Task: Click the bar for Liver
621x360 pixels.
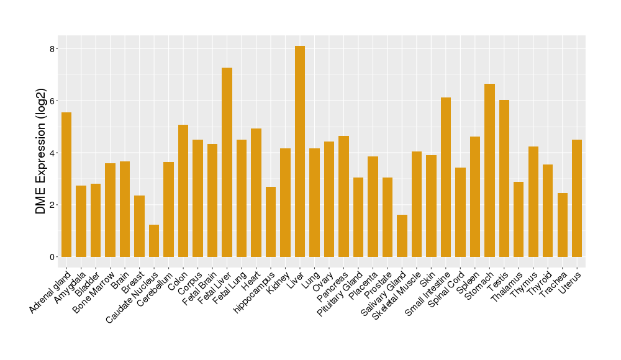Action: pyautogui.click(x=300, y=151)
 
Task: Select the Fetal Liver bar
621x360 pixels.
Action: pyautogui.click(x=227, y=162)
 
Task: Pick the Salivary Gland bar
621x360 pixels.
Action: pyautogui.click(x=402, y=236)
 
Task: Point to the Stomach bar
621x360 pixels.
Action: pyautogui.click(x=489, y=170)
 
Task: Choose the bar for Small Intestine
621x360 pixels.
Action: pyautogui.click(x=446, y=177)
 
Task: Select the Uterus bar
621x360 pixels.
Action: pyautogui.click(x=577, y=198)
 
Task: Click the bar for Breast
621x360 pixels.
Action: pyautogui.click(x=139, y=226)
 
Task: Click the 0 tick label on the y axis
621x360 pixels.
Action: pyautogui.click(x=53, y=257)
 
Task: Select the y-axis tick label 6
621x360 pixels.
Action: pyautogui.click(x=53, y=101)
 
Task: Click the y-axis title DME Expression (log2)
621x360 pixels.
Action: pyautogui.click(x=41, y=153)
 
